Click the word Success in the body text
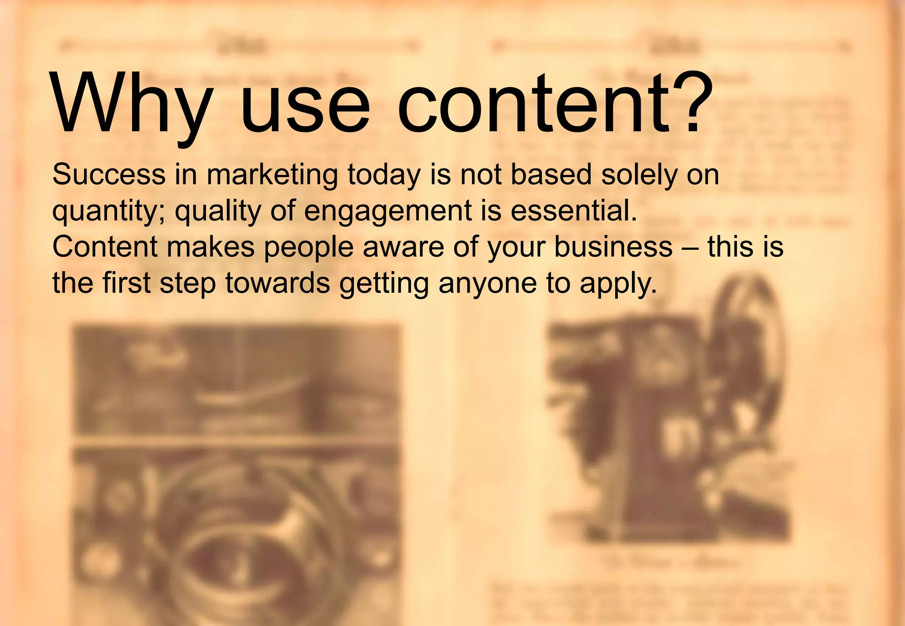(109, 174)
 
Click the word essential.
(574, 211)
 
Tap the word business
(613, 247)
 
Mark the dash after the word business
(690, 248)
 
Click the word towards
(278, 283)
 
